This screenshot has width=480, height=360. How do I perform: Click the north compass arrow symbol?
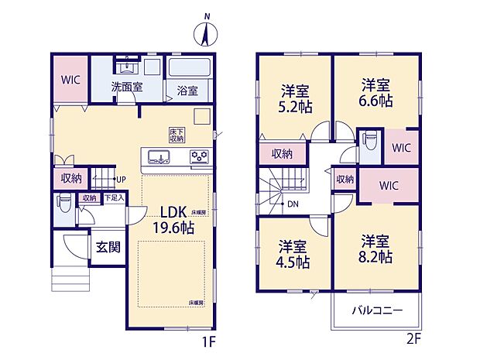207,34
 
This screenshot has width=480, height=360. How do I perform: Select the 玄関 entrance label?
107,248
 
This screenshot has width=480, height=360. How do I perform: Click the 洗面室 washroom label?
126,87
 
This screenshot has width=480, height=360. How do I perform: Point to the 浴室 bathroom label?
187,90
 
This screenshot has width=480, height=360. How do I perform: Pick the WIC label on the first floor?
70,80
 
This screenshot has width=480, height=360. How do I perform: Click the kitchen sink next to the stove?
158,159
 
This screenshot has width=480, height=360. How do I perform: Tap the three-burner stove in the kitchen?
200,158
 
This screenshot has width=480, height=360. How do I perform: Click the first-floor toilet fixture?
64,205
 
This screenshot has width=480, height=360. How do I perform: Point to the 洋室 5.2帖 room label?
294,97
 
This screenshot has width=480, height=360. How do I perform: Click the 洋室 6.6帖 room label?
374,93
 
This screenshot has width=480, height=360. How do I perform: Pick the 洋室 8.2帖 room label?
375,249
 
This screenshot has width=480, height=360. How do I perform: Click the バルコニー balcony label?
378,311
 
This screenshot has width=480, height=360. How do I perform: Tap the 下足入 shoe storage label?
114,198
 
